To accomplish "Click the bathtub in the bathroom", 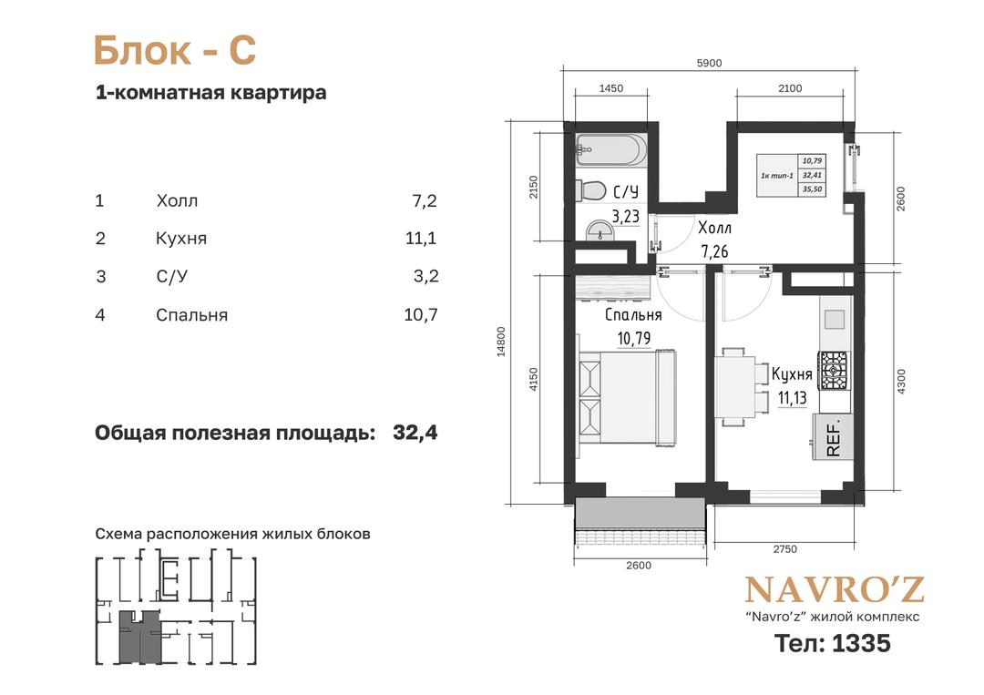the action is coord(610,150).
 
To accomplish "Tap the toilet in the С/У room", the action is coord(590,190).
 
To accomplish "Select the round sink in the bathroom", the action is coord(601,230).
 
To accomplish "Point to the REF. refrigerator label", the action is coord(833,439).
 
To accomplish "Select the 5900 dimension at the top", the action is coord(709,63).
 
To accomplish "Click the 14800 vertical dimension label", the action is coord(501,342).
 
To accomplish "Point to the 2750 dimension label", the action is coord(784,549).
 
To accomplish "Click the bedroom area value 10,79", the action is coord(634,339).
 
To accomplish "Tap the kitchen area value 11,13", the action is coord(792,398).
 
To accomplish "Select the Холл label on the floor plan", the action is coord(714,227).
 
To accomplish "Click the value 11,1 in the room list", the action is coord(420,239).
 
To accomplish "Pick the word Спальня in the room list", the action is coord(191,315).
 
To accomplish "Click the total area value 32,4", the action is coord(415,433).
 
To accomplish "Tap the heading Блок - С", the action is coord(175,50).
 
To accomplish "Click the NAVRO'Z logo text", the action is coord(835,589).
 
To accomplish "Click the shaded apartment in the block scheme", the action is coord(140,638).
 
